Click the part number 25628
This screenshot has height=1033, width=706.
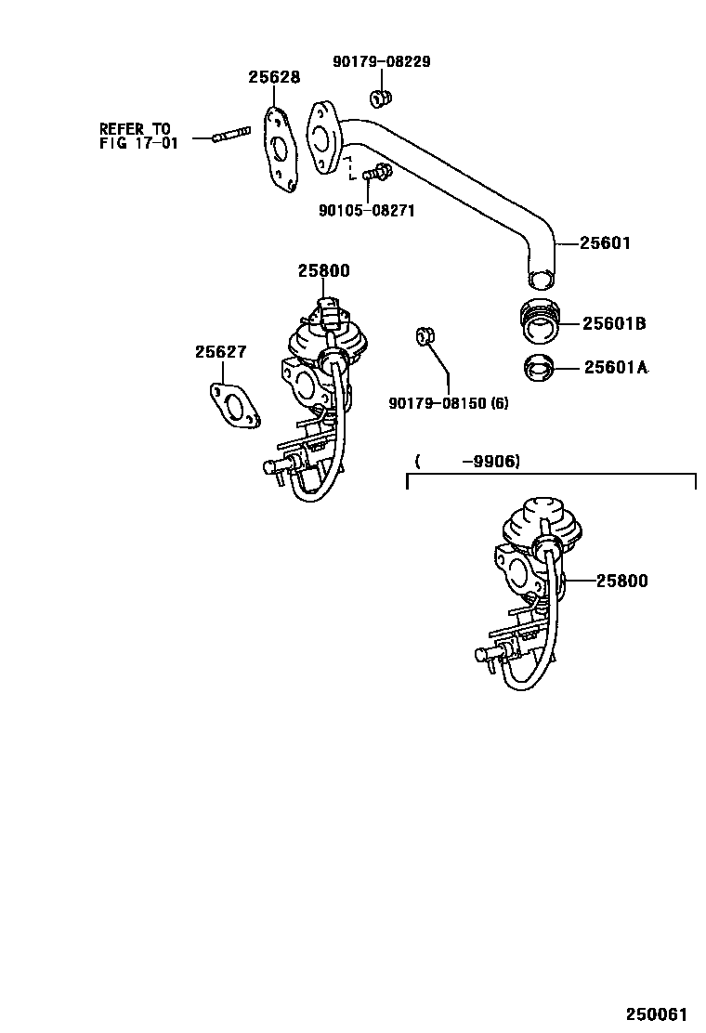pos(274,78)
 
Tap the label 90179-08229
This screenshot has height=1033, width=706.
pos(381,62)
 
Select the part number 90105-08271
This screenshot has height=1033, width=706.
pos(366,211)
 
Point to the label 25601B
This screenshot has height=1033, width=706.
pos(614,324)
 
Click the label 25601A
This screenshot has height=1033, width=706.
pos(615,368)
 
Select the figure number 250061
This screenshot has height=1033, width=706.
pos(660,1015)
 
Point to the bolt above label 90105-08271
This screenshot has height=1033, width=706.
pos(377,172)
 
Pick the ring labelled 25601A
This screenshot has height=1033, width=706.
pos(539,369)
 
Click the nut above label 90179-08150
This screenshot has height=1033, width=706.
pos(425,335)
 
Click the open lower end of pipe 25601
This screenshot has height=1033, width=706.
pos(539,279)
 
